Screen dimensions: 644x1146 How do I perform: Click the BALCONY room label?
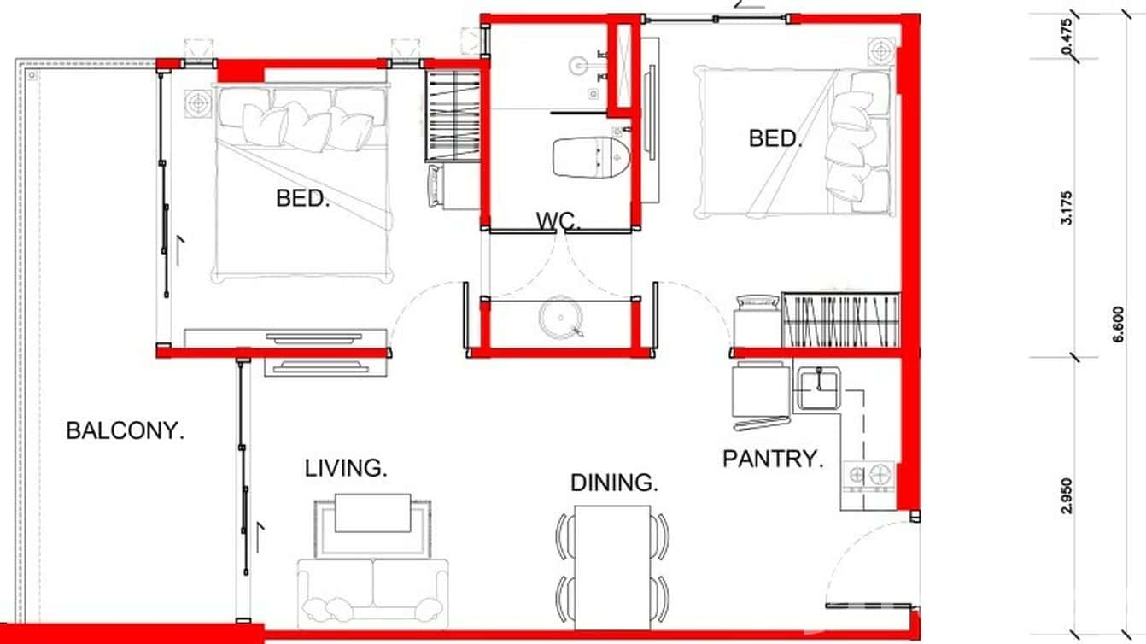click(x=125, y=430)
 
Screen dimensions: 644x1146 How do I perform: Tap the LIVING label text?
click(x=346, y=468)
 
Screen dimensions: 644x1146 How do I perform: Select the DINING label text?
click(x=614, y=483)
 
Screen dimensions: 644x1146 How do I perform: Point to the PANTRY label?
click(x=773, y=459)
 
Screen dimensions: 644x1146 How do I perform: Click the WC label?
click(x=558, y=221)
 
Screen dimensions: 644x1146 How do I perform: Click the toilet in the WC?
click(x=591, y=156)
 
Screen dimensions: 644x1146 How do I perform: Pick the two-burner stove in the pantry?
click(x=868, y=474)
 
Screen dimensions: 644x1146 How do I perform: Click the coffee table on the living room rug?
click(x=372, y=512)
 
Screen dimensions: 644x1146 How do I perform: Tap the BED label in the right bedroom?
click(x=775, y=138)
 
